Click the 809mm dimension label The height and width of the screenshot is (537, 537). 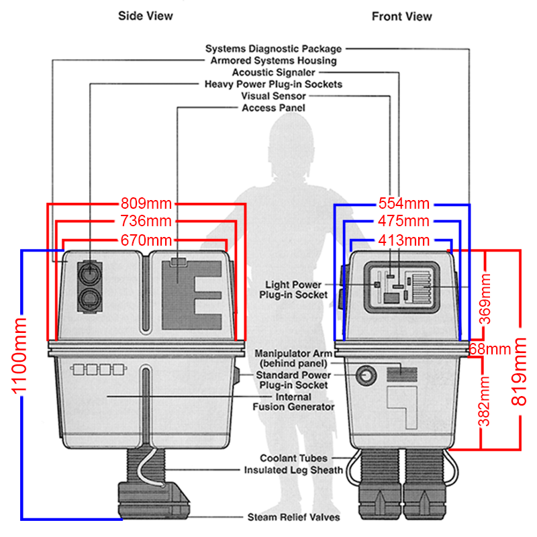pyautogui.click(x=146, y=202)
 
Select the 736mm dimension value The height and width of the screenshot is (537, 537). pyautogui.click(x=146, y=221)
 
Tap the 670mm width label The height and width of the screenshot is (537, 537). pyautogui.click(x=146, y=240)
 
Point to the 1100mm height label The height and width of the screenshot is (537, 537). pyautogui.click(x=14, y=383)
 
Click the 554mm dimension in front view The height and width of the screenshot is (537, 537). pyautogui.click(x=403, y=202)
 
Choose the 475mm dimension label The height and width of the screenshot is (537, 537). pyautogui.click(x=403, y=221)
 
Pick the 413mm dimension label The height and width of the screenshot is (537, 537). pyautogui.click(x=403, y=240)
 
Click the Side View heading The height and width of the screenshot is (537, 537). pyautogui.click(x=145, y=15)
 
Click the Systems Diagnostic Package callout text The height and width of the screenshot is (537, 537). pyautogui.click(x=273, y=49)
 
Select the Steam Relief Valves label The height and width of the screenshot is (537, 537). pyautogui.click(x=293, y=518)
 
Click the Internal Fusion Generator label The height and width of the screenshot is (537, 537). pyautogui.click(x=293, y=401)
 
